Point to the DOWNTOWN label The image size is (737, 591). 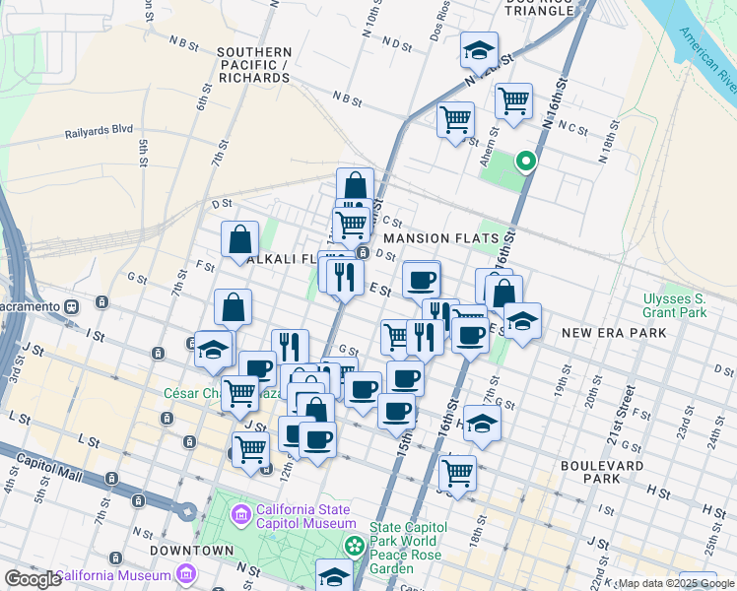[x=192, y=550]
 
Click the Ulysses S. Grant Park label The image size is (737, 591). [x=673, y=305]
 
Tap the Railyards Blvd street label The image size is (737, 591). [x=99, y=129]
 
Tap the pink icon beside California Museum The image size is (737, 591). [x=186, y=574]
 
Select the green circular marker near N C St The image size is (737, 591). [x=526, y=162]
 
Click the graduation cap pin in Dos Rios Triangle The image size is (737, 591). [x=479, y=51]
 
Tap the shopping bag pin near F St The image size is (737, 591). [x=240, y=239]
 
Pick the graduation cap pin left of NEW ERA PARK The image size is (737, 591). [x=522, y=321]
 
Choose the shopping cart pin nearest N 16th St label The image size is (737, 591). [x=513, y=100]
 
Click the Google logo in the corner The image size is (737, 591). [x=33, y=579]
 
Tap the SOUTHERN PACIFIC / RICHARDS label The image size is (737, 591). [x=255, y=64]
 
